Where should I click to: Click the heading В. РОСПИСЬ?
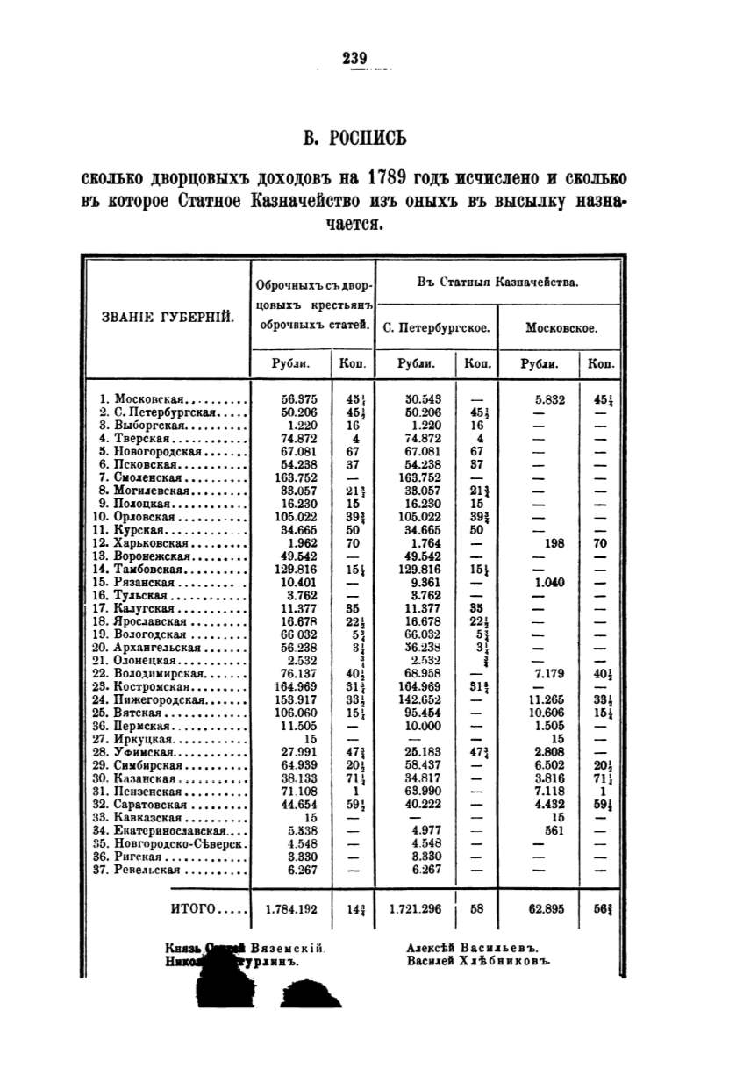coord(354,138)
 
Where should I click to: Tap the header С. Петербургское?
coord(436,328)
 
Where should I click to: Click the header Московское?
coord(561,328)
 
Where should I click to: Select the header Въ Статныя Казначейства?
coord(497,283)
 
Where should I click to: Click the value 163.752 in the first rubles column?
coord(288,477)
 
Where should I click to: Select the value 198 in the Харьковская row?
coord(554,543)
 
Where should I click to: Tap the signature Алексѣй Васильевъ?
coord(472,948)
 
